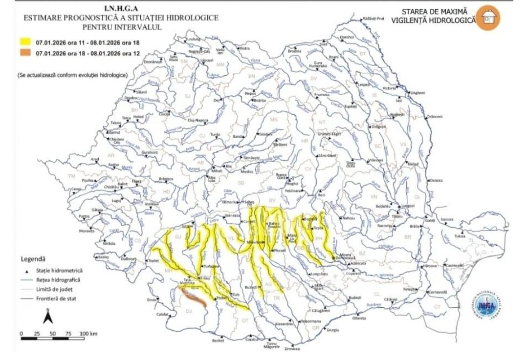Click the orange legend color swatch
coord(25,52)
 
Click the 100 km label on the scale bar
coord(88,333)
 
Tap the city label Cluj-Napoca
coord(198,120)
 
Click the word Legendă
coord(33,258)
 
